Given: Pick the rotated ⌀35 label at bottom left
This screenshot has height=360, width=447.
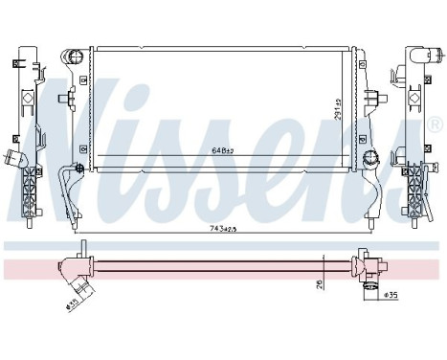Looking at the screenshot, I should coord(73,304).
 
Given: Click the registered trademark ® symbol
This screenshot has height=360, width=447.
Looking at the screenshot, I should coord(436,125).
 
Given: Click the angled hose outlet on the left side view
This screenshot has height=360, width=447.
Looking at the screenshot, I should coord(11,157).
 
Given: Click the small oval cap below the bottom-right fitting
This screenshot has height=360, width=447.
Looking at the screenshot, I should coord(368,294).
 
